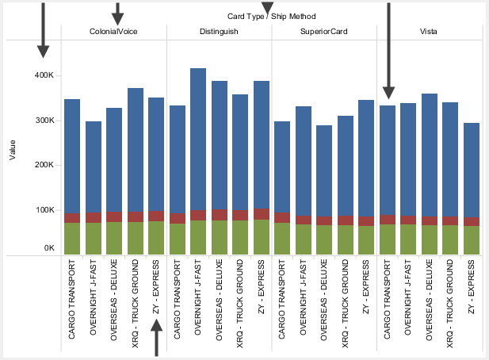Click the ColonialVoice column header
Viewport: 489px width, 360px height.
point(113,32)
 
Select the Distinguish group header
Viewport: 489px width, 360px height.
point(219,32)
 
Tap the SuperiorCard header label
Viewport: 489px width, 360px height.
point(323,32)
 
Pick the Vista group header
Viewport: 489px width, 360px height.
point(430,32)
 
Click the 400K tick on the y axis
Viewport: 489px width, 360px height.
point(43,75)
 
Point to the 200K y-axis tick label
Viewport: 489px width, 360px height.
point(43,166)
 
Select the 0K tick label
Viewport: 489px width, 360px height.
point(47,248)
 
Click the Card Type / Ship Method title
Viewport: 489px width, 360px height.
point(271,16)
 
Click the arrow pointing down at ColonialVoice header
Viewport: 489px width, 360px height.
point(117,13)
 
